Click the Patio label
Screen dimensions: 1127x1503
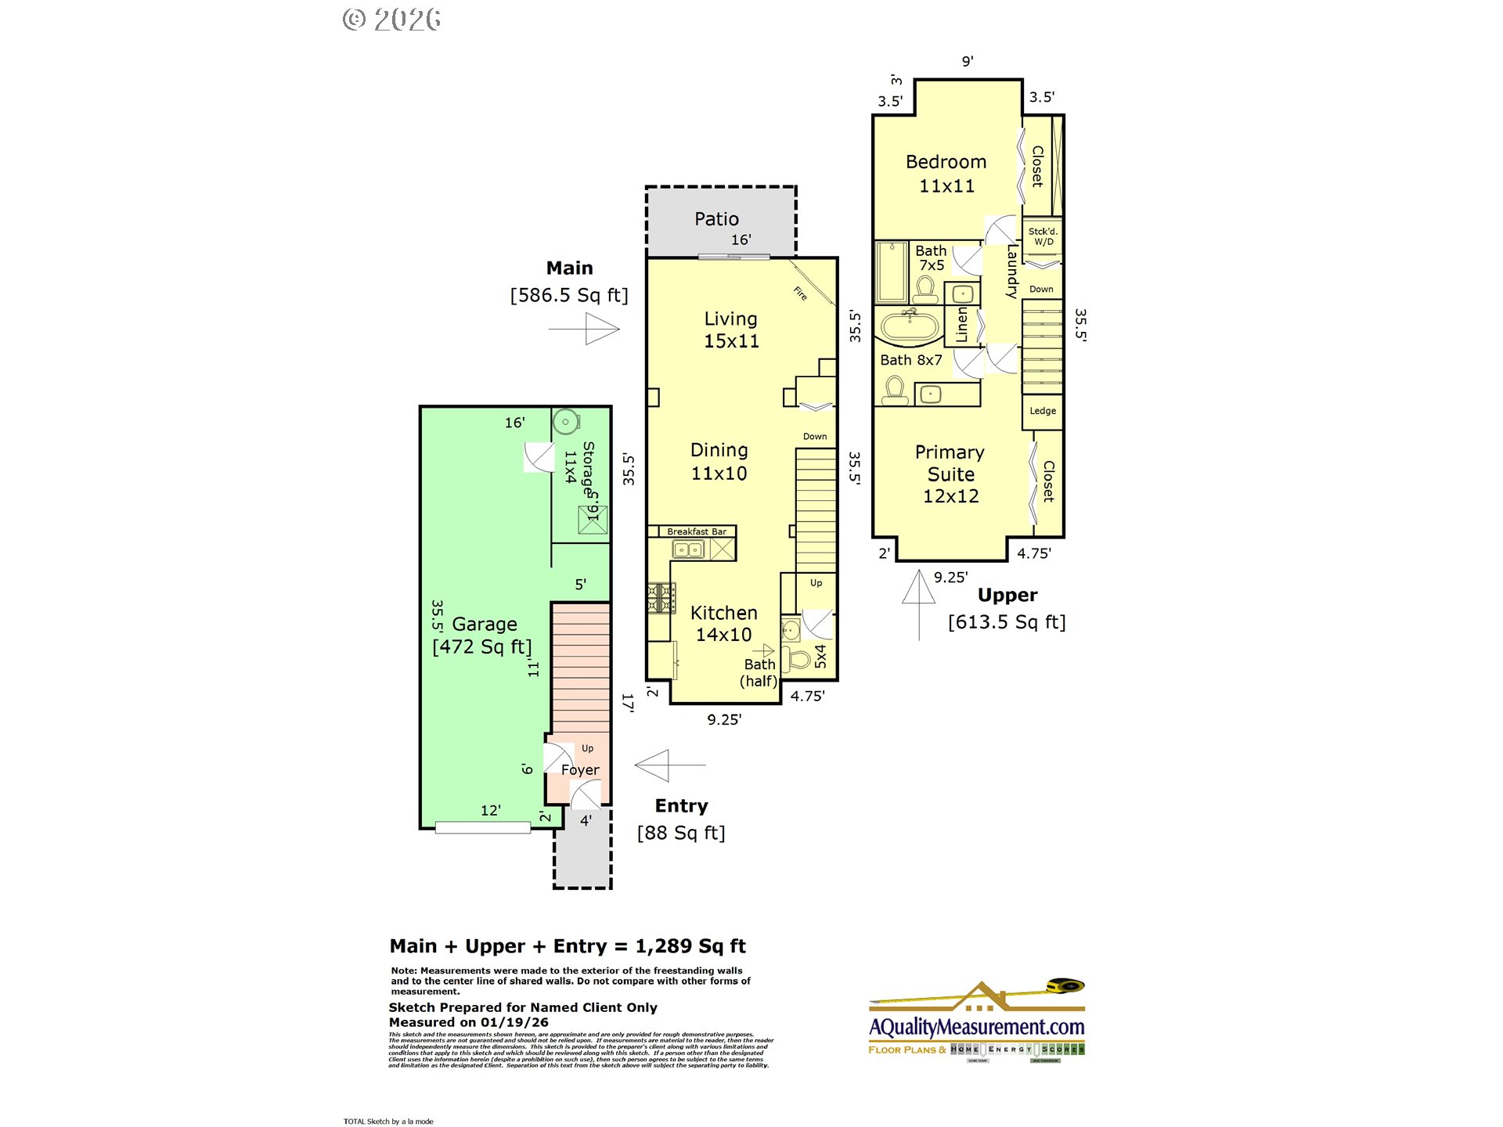click(716, 219)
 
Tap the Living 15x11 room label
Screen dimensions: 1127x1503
click(731, 329)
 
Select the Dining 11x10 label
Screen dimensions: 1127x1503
click(719, 462)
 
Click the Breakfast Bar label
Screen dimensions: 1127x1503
click(696, 531)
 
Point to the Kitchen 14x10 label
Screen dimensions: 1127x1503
click(723, 624)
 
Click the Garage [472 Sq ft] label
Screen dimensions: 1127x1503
click(483, 636)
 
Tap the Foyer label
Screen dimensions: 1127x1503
click(580, 770)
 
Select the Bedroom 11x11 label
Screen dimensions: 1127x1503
click(946, 174)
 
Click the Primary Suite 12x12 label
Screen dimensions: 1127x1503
click(950, 474)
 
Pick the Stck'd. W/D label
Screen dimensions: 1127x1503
click(1043, 236)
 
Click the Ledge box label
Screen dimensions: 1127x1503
click(1042, 411)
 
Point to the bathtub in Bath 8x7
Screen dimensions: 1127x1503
click(910, 326)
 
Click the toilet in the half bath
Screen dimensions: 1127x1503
click(798, 658)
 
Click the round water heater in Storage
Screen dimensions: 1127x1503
click(565, 422)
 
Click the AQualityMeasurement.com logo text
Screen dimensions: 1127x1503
click(976, 1027)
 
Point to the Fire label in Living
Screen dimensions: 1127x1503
click(800, 293)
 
